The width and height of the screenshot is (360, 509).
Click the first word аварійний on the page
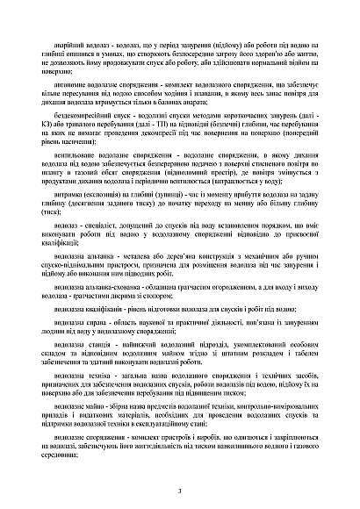[77, 41]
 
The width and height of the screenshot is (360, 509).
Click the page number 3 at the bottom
[179, 492]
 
